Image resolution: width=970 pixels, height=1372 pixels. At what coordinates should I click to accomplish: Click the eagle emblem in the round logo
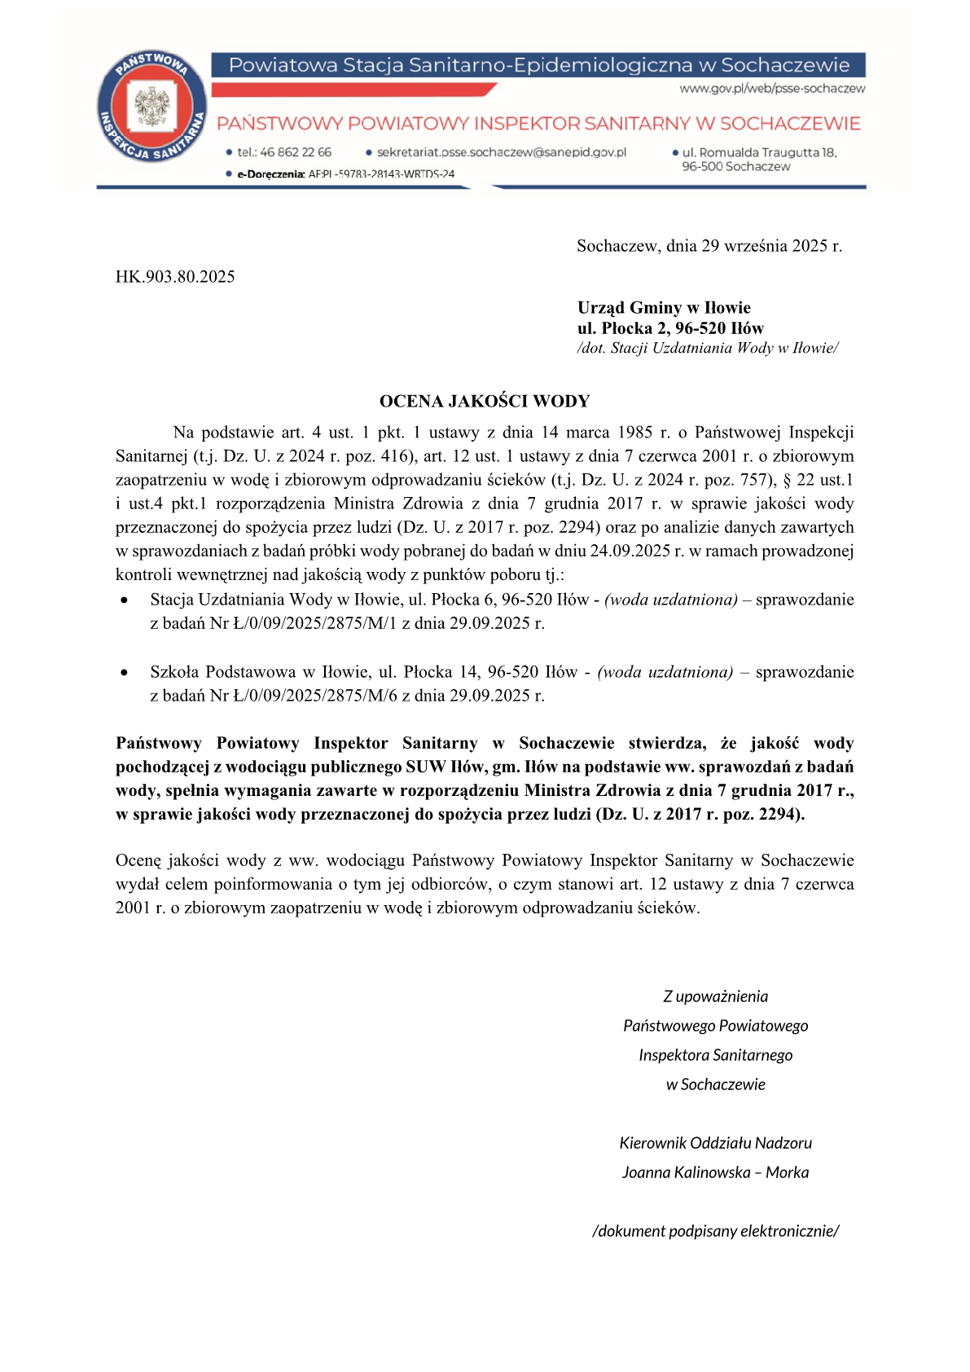(x=151, y=107)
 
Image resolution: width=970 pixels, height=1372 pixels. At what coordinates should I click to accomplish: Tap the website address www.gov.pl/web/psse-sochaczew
(x=772, y=89)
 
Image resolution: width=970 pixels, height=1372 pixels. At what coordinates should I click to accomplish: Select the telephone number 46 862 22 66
(x=295, y=152)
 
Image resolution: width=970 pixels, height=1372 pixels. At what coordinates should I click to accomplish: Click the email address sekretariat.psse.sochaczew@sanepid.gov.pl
(x=501, y=152)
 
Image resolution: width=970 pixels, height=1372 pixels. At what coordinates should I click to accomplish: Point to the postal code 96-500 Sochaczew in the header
(x=735, y=167)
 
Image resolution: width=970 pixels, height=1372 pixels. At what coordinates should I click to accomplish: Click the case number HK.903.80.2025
(x=175, y=277)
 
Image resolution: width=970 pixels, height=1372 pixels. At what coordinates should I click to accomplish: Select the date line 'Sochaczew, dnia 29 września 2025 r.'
(x=709, y=246)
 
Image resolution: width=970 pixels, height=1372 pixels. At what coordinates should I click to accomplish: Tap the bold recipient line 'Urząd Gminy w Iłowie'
(x=664, y=308)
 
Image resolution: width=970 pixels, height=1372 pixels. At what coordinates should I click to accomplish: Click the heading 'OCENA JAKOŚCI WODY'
(x=485, y=401)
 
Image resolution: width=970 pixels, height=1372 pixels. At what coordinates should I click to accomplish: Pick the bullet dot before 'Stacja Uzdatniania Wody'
(x=124, y=600)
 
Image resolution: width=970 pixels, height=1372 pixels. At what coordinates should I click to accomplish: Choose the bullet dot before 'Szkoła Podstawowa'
(x=124, y=673)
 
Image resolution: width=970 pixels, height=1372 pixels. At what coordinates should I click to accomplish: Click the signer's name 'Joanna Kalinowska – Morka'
(x=715, y=1172)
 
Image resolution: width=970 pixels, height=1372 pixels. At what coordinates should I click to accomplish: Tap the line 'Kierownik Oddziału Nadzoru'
(x=715, y=1143)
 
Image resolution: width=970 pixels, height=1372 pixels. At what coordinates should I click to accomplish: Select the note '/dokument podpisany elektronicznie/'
(x=715, y=1231)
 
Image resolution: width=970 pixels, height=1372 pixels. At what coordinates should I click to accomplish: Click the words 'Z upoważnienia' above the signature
(x=715, y=996)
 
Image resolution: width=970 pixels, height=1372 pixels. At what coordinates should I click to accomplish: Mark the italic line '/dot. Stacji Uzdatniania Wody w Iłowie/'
(x=708, y=349)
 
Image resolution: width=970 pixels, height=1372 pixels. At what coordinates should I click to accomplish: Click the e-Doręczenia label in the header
(x=270, y=174)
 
